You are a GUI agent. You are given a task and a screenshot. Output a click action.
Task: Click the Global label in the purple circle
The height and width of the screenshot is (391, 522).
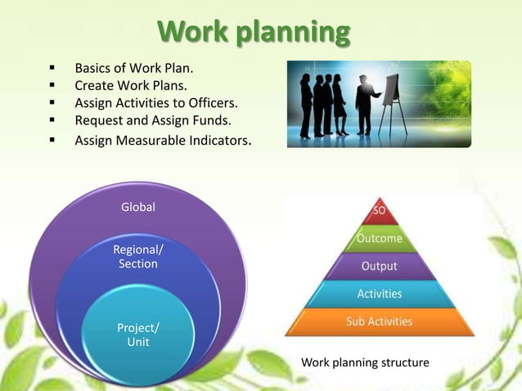[x=137, y=207]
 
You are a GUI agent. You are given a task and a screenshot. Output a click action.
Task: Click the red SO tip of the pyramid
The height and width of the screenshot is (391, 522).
[x=380, y=211]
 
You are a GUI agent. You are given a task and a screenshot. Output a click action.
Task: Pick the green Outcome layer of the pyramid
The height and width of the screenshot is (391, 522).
[x=380, y=239]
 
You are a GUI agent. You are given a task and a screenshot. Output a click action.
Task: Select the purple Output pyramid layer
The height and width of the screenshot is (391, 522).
[x=380, y=266]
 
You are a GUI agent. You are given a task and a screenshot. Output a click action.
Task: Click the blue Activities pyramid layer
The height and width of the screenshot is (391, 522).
[x=380, y=293]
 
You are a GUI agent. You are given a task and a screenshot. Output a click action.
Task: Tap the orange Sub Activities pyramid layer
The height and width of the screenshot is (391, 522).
[x=380, y=321]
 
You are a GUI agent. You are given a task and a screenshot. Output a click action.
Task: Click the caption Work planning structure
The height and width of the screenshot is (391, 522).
[x=365, y=362]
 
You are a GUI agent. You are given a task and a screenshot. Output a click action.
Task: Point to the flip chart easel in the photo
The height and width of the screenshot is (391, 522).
[x=391, y=94]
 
